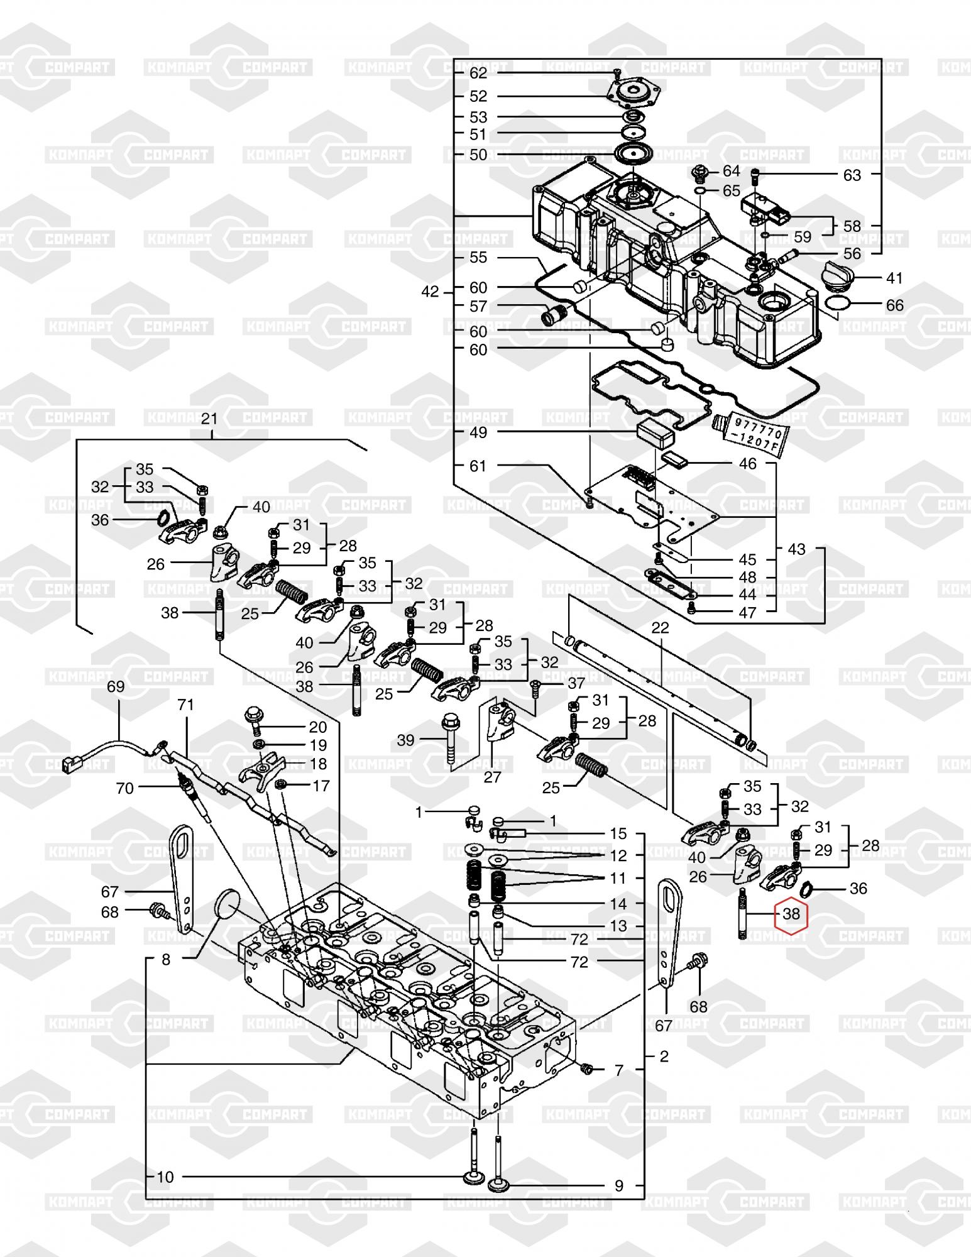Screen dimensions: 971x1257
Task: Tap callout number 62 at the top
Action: tap(478, 73)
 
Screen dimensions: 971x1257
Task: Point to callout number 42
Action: tap(431, 292)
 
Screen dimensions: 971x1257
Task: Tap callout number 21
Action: tap(209, 419)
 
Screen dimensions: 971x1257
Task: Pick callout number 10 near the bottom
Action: tap(165, 1177)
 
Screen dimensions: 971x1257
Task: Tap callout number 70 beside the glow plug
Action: tap(125, 788)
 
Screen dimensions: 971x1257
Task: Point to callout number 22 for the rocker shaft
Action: tap(660, 627)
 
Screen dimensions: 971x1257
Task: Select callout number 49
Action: tap(478, 432)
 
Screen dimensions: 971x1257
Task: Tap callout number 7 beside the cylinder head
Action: tap(618, 1070)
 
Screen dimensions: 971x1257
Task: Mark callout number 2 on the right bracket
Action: tap(664, 1056)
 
